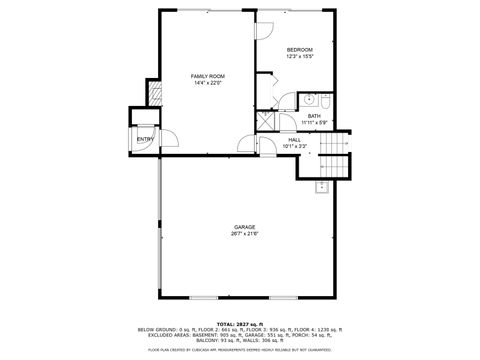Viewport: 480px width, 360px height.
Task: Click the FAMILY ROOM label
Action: tap(207, 76)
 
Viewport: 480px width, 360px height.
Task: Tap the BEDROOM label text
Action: tap(300, 50)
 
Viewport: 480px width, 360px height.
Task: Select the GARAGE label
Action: tap(245, 227)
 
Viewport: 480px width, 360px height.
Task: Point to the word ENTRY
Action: tap(145, 139)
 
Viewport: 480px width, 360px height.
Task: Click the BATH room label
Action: tap(314, 116)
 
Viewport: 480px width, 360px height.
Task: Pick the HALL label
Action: tap(294, 139)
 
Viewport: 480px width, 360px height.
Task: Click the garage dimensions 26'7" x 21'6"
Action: tap(245, 234)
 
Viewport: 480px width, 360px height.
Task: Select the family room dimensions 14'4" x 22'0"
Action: tap(207, 83)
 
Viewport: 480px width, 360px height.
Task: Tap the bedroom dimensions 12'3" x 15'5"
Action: tap(300, 57)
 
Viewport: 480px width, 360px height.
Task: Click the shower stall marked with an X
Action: tap(265, 117)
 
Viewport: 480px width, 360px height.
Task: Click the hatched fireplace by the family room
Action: tap(154, 94)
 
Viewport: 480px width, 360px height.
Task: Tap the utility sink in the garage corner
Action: tap(323, 186)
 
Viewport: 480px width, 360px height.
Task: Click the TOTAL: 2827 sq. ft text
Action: tap(240, 323)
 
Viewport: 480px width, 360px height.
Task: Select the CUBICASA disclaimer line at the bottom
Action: tap(240, 350)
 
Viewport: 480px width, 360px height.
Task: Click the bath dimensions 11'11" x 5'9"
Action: tap(314, 123)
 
